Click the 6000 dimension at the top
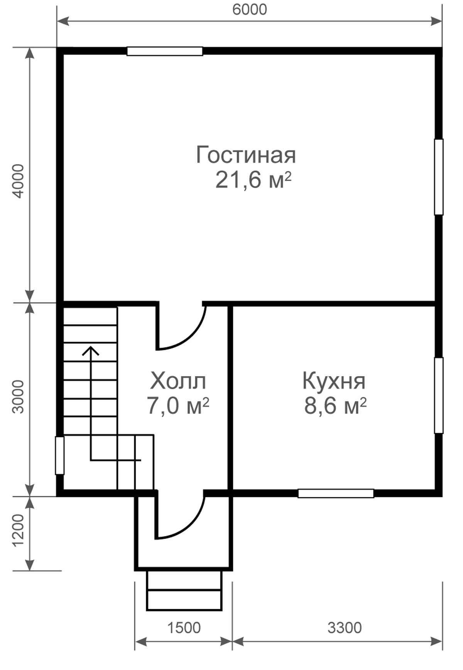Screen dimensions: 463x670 pos(250,10)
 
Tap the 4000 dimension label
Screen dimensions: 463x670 pos(18,181)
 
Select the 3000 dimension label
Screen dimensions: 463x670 pos(18,397)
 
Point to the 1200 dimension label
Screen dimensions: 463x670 pos(18,531)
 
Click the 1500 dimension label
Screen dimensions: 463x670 pos(184,628)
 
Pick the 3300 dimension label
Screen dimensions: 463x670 pos(345,628)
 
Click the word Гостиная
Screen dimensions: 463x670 pos(246,155)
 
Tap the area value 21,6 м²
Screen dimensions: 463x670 pos(253,180)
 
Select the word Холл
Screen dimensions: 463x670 pos(178,381)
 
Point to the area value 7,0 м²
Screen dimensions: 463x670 pos(178,405)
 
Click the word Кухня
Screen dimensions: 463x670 pos(334,381)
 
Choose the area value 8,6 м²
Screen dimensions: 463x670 pos(335,405)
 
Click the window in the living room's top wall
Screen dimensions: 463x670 pos(165,51)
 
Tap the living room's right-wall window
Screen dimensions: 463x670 pos(439,177)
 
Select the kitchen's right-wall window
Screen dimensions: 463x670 pos(439,395)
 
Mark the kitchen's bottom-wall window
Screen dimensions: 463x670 pos(336,493)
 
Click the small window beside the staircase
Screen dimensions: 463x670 pos(60,455)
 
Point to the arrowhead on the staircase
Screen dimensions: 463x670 pos(91,350)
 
